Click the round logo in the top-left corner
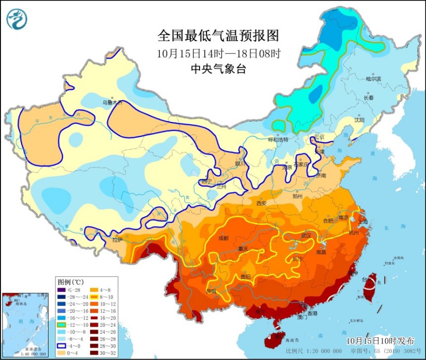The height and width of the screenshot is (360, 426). [17, 19]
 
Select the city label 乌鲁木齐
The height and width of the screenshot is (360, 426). [112, 103]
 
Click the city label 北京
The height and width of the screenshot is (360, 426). [319, 137]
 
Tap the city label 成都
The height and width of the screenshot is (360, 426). [223, 238]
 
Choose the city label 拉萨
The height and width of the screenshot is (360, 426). [116, 240]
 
